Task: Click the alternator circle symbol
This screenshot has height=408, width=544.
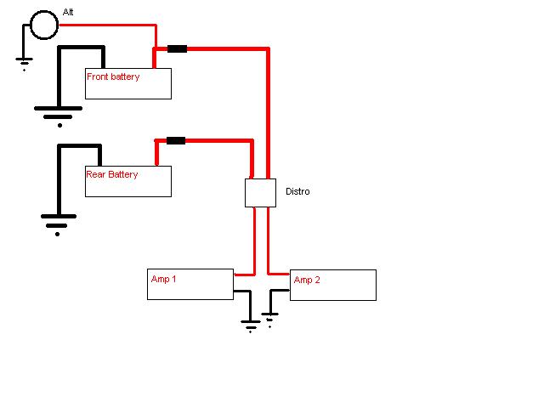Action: pos(44,25)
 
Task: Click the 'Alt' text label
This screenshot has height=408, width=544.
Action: pos(68,13)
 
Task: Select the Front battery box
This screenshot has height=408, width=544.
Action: pos(128,84)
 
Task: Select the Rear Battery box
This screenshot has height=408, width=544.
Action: pos(128,181)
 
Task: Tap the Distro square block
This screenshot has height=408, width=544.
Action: pos(260,193)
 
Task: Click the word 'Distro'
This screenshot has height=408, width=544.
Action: pos(297,192)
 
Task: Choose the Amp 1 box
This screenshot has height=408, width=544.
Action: pos(190,284)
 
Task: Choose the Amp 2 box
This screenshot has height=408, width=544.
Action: pos(333,286)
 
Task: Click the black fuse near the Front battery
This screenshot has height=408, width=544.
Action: pos(177,48)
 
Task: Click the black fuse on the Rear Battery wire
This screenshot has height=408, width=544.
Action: pos(175,140)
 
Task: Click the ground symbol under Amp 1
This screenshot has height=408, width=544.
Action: pos(250,325)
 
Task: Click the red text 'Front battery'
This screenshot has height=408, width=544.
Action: pos(113,76)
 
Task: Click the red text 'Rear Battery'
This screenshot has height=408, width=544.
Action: pos(112,174)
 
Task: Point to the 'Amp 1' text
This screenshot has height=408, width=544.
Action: pos(163,279)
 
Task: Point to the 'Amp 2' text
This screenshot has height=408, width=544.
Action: pos(307,280)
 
